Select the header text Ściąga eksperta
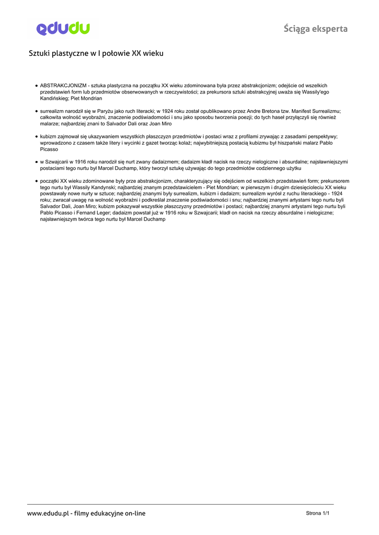click(315, 29)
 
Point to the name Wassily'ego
click(316, 91)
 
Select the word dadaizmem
click(166, 161)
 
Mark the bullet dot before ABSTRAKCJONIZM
click(36, 85)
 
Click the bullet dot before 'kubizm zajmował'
click(36, 136)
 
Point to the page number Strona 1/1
click(317, 513)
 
